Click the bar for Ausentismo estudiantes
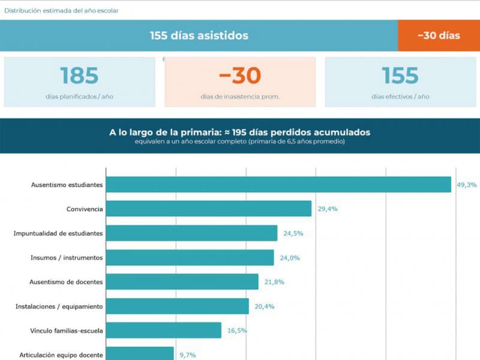coord(278,185)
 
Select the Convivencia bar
coord(209,209)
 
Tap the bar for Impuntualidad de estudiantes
coord(191,233)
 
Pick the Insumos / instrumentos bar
coord(190,257)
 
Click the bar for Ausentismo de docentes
coord(182,282)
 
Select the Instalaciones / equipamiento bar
coord(178,306)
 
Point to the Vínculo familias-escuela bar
coord(164,331)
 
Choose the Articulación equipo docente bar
coord(140,354)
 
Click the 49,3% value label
coord(466,185)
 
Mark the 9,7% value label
coord(188,355)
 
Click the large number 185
coord(79,76)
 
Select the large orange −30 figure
coord(240,76)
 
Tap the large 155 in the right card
coord(400,76)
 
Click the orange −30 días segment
coord(439,35)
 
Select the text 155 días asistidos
coord(199,35)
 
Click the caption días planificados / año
coord(79,97)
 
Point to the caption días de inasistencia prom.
coord(240,97)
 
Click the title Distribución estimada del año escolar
coord(61,10)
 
